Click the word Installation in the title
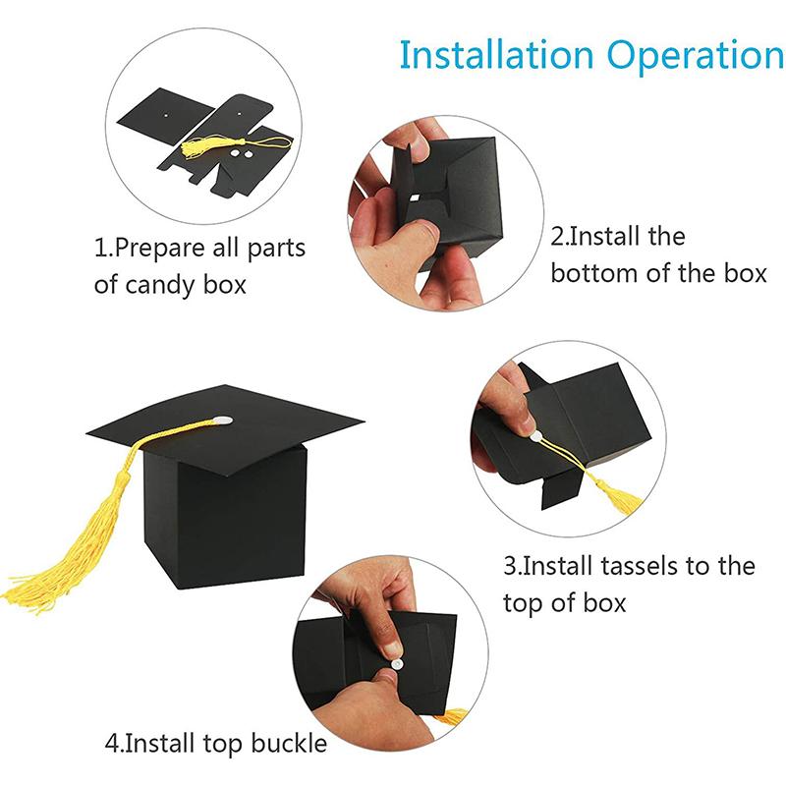pyautogui.click(x=496, y=55)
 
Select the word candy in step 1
pyautogui.click(x=161, y=286)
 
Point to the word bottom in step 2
pyautogui.click(x=594, y=274)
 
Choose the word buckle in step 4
pyautogui.click(x=289, y=743)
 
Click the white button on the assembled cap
pyautogui.click(x=221, y=421)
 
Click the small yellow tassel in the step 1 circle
pyautogui.click(x=201, y=146)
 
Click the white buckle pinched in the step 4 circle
pyautogui.click(x=396, y=664)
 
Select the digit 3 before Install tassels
pyautogui.click(x=510, y=567)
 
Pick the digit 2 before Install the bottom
pyautogui.click(x=557, y=237)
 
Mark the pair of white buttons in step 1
pyautogui.click(x=240, y=153)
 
